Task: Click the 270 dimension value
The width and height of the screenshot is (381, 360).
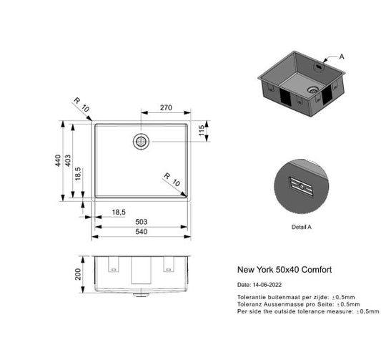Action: pos(165,108)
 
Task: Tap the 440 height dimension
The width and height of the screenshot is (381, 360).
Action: pos(59,162)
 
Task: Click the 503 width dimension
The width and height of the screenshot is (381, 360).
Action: pos(142,221)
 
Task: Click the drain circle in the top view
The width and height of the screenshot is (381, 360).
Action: pos(142,140)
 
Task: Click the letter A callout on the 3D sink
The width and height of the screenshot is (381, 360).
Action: pos(342,56)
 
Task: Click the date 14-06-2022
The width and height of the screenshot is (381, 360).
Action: pos(267,284)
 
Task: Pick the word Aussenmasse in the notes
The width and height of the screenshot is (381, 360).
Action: pos(282,303)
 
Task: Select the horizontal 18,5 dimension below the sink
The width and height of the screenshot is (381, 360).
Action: pos(119,211)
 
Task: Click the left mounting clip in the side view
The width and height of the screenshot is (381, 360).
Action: pos(112,264)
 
